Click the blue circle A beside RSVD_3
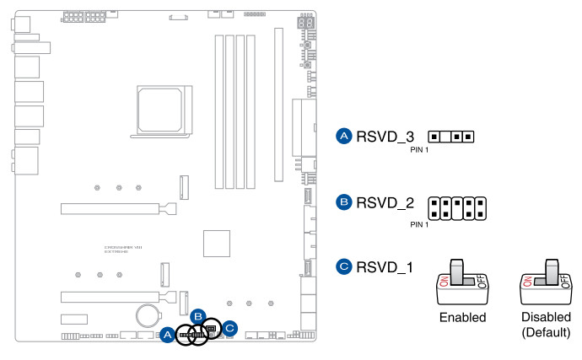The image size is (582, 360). tap(343, 136)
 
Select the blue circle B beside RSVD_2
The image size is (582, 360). tap(343, 202)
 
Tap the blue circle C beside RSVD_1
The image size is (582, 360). tap(343, 267)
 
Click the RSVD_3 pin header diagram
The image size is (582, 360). tap(451, 136)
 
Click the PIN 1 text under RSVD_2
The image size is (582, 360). tap(419, 224)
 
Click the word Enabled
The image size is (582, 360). tap(462, 318)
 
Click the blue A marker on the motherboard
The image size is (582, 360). tap(167, 335)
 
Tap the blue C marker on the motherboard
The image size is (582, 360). tap(229, 328)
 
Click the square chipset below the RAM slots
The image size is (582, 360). tap(218, 242)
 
